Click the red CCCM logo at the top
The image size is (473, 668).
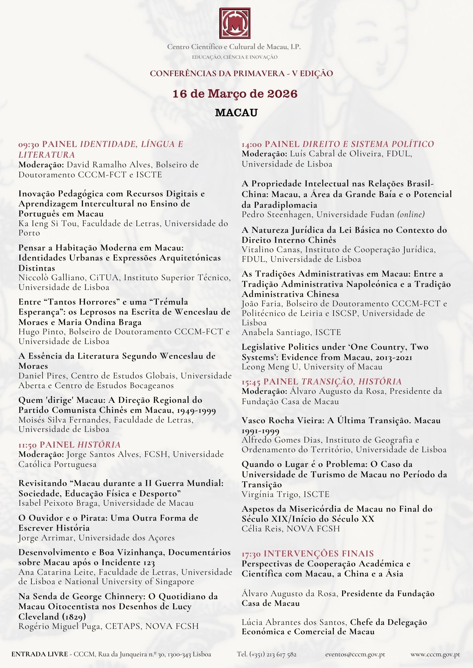235,23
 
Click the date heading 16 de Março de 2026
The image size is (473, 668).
235,94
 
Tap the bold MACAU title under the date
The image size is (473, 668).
236,113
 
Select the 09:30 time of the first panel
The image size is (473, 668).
29,145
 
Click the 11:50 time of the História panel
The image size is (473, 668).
28,445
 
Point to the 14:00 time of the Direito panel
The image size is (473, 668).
252,144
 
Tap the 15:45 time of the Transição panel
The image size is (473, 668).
251,382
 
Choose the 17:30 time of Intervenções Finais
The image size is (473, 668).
251,554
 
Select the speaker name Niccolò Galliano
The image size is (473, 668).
52,278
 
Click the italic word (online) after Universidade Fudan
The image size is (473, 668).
411,214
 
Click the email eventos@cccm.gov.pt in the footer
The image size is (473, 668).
355,654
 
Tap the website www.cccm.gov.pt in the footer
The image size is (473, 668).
435,654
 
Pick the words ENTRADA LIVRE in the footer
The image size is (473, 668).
39,654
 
